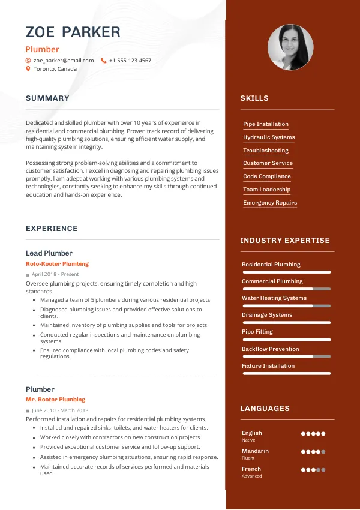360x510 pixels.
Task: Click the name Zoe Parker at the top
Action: tap(73, 32)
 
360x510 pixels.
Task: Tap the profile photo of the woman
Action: tap(291, 47)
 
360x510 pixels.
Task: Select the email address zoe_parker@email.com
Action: tap(64, 61)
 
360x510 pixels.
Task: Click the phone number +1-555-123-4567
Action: tap(130, 61)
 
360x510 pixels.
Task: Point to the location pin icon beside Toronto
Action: tap(28, 69)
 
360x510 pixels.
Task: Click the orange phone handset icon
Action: tap(104, 61)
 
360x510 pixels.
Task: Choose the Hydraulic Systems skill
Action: tap(269, 137)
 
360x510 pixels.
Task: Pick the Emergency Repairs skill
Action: tap(269, 203)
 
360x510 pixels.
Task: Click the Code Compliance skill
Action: tap(266, 176)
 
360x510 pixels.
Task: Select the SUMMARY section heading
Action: tap(47, 98)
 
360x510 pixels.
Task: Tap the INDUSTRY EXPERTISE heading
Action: tap(285, 241)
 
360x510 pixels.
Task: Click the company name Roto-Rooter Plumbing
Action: tap(57, 264)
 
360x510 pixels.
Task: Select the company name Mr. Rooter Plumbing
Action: tap(55, 400)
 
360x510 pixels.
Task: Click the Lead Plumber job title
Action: tap(49, 253)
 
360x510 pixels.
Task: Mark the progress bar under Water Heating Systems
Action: tap(286, 306)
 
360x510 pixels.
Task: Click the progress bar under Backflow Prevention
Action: tap(286, 356)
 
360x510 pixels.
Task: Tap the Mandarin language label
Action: tap(255, 451)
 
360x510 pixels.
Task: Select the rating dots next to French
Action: tap(313, 470)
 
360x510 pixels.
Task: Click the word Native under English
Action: tap(248, 440)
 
